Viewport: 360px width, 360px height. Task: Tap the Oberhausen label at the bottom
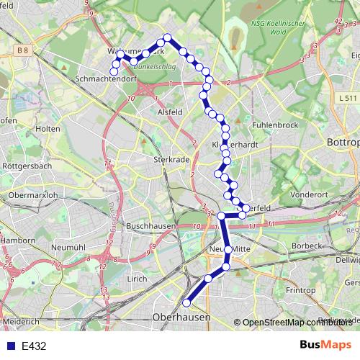pos(181,317)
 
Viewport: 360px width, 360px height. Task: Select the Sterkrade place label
pos(170,160)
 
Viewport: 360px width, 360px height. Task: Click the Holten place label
pos(48,128)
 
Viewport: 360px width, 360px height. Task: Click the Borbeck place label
pos(308,246)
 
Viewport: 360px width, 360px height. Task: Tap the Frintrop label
pos(300,290)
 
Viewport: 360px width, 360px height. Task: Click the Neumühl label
pos(69,246)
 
